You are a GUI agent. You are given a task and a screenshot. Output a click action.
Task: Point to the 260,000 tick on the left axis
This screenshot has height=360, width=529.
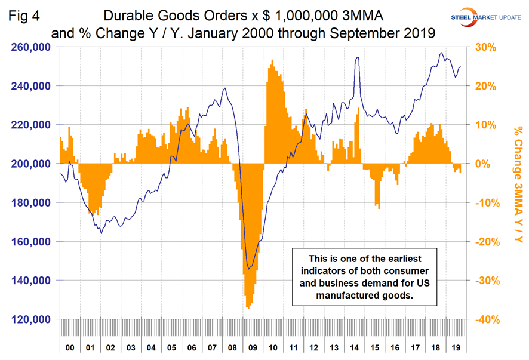coord(31,47)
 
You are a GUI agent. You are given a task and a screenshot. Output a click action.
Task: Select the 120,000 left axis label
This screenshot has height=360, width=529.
coord(31,319)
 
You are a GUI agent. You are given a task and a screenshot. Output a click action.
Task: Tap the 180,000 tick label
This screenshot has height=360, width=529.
coord(31,203)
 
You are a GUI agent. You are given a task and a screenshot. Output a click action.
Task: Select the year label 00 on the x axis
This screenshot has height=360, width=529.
coord(70,346)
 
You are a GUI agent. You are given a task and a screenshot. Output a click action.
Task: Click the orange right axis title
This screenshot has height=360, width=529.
coord(518,184)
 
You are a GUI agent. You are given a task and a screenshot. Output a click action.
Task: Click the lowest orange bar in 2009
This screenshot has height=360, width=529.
coord(248,308)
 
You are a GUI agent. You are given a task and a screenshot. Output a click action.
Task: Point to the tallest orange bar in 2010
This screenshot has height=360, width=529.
coord(272,60)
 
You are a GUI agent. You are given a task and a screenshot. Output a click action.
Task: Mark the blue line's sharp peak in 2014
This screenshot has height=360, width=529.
coord(357,57)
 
